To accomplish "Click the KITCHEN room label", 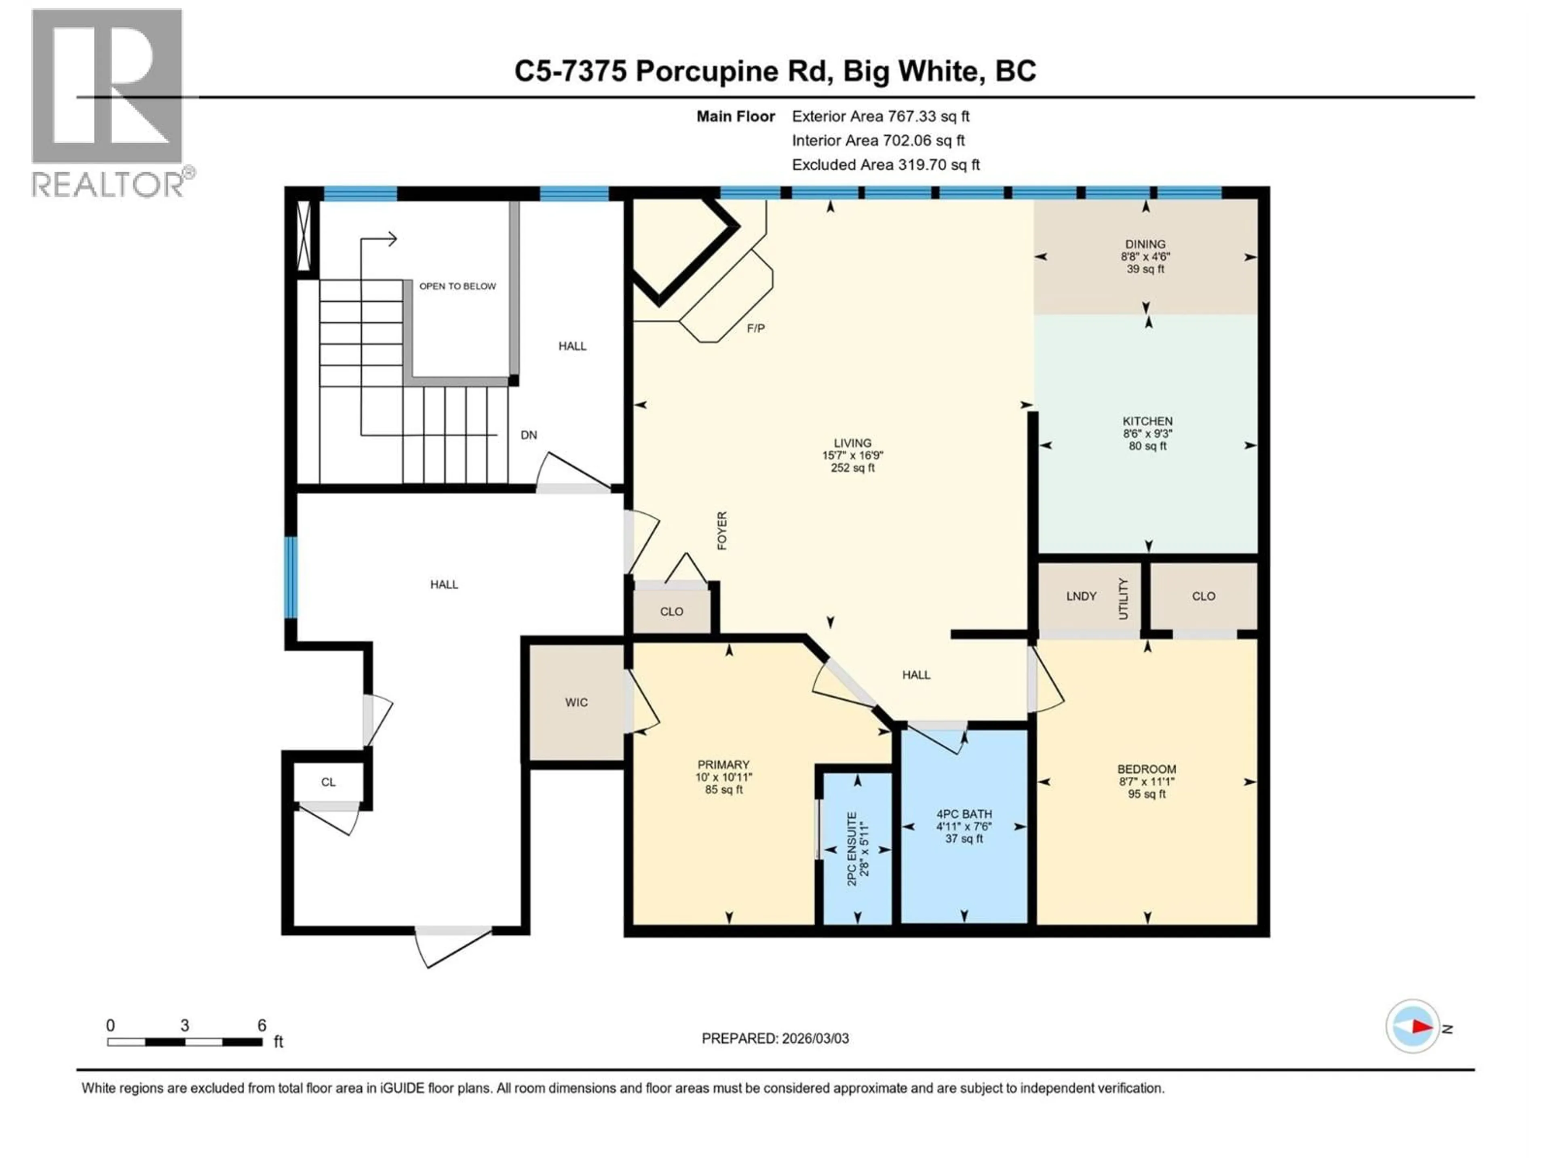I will (x=1147, y=421).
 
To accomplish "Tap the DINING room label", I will (x=1145, y=244).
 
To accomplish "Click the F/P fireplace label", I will (x=756, y=328).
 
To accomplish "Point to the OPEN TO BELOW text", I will (x=458, y=286).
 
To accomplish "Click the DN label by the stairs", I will (x=528, y=435).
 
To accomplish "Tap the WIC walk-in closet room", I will (x=576, y=702).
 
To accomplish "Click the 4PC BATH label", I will (x=964, y=814).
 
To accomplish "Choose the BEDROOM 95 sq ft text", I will (x=1147, y=794).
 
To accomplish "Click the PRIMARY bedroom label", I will (x=723, y=765).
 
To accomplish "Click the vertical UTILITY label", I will (x=1123, y=599).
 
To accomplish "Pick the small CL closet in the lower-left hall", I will (x=328, y=782).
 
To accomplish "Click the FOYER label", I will (x=722, y=530).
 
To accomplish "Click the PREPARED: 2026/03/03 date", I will (x=775, y=1038).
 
